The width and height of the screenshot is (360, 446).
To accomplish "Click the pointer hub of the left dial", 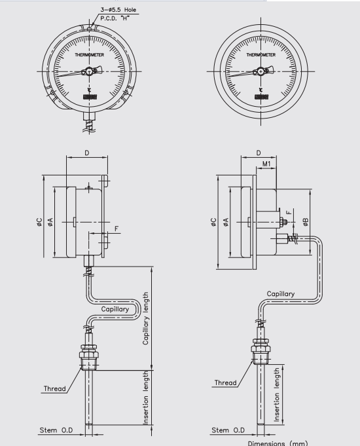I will [90, 72].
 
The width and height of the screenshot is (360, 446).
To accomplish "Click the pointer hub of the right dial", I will [260, 72].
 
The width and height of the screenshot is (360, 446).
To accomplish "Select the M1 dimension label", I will [267, 163].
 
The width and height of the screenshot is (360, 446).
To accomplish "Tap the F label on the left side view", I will [118, 229].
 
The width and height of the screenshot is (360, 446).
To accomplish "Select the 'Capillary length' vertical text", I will [147, 318].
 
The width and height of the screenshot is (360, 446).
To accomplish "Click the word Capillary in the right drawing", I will [280, 294].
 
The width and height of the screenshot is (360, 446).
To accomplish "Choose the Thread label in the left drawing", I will [55, 388].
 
